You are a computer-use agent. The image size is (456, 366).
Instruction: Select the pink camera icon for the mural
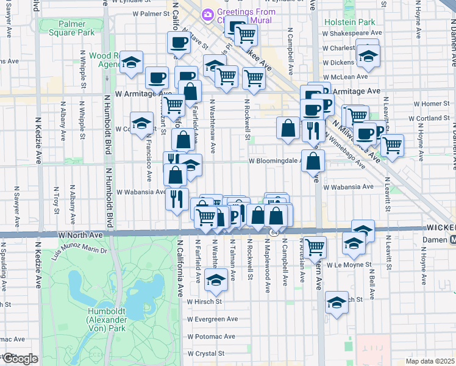click(208, 13)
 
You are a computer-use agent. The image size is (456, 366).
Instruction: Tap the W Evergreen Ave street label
click(213, 319)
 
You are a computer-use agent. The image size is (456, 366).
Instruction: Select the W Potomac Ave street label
click(212, 336)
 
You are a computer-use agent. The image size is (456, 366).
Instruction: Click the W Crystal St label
click(206, 353)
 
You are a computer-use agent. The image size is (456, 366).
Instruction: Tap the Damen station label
click(435, 240)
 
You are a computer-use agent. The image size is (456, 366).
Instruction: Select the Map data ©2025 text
click(431, 361)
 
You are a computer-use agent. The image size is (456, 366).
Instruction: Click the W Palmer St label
click(145, 13)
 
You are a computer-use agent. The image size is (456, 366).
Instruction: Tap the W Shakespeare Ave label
click(352, 33)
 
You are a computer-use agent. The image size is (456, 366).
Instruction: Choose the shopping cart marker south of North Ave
click(315, 246)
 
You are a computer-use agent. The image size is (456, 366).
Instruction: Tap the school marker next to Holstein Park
click(367, 56)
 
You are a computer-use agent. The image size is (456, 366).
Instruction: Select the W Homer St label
click(430, 104)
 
